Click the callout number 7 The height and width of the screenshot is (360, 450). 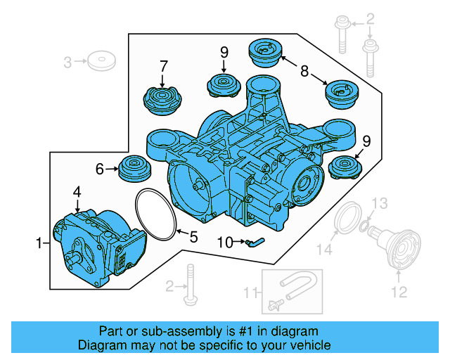coord(163,67)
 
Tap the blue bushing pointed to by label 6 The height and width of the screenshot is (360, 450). coord(134,169)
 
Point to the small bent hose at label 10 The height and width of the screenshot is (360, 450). coord(252,243)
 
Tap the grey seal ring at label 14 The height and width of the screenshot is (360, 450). coord(347,219)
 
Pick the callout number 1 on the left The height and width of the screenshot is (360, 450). coord(39,244)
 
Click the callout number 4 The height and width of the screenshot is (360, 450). coord(77,191)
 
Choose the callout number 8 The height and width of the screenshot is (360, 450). coord(304,70)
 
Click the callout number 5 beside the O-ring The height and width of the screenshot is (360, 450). coord(193,236)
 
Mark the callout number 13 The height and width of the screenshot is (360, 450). coord(379,205)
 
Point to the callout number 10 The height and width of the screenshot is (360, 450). coord(224,243)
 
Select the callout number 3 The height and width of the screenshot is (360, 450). coord(67,62)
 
